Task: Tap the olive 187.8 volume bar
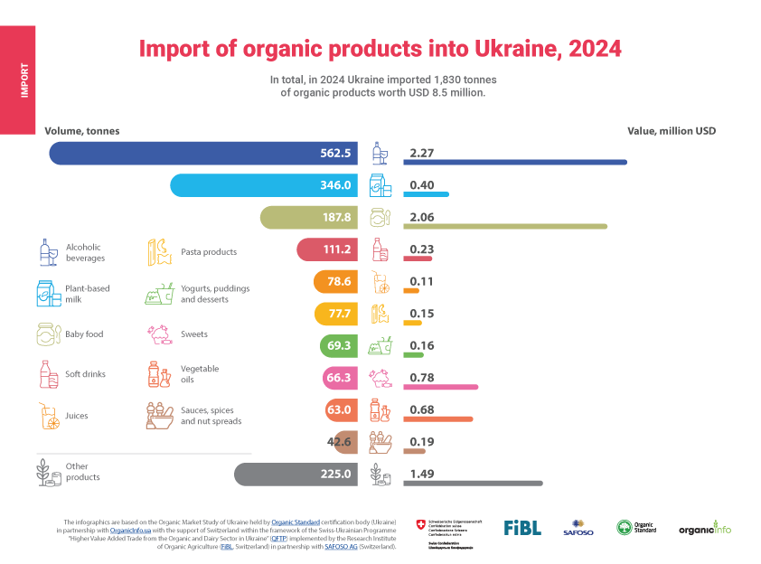pyautogui.click(x=312, y=218)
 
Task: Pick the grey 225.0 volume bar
pyautogui.click(x=298, y=474)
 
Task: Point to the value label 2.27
pyautogui.click(x=423, y=153)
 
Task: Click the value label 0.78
pyautogui.click(x=422, y=377)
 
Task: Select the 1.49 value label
pyautogui.click(x=422, y=474)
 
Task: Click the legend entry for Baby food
pyautogui.click(x=84, y=334)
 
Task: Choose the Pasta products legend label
pyautogui.click(x=208, y=252)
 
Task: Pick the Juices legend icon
pyautogui.click(x=48, y=417)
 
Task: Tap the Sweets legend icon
pyautogui.click(x=159, y=334)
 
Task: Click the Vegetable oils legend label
pyautogui.click(x=199, y=374)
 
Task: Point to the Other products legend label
pyautogui.click(x=83, y=472)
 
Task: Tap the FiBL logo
pyautogui.click(x=522, y=527)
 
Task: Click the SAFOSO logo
pyautogui.click(x=578, y=527)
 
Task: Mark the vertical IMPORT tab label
pyautogui.click(x=23, y=80)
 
